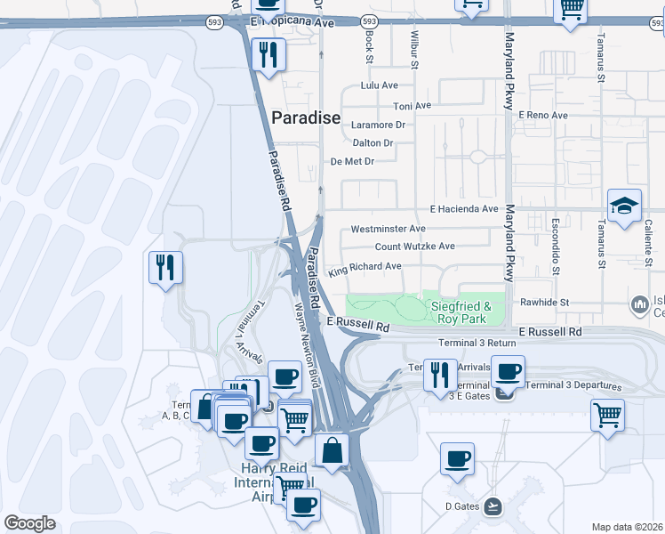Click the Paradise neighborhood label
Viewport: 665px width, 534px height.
tap(305, 117)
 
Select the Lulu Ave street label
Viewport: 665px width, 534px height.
tap(379, 85)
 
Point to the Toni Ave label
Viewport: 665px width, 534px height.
tap(412, 105)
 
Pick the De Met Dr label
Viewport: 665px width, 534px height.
tap(352, 161)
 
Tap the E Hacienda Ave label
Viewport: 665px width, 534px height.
tap(463, 209)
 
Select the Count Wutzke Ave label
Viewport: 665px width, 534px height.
tap(414, 247)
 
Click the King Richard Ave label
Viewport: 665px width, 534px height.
tap(365, 267)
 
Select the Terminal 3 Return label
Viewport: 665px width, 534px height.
tap(477, 343)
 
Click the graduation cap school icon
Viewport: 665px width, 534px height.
tap(625, 205)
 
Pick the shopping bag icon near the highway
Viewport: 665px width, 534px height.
tap(332, 449)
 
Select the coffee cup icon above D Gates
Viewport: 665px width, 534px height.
tap(458, 459)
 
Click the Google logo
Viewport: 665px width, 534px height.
tap(29, 523)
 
